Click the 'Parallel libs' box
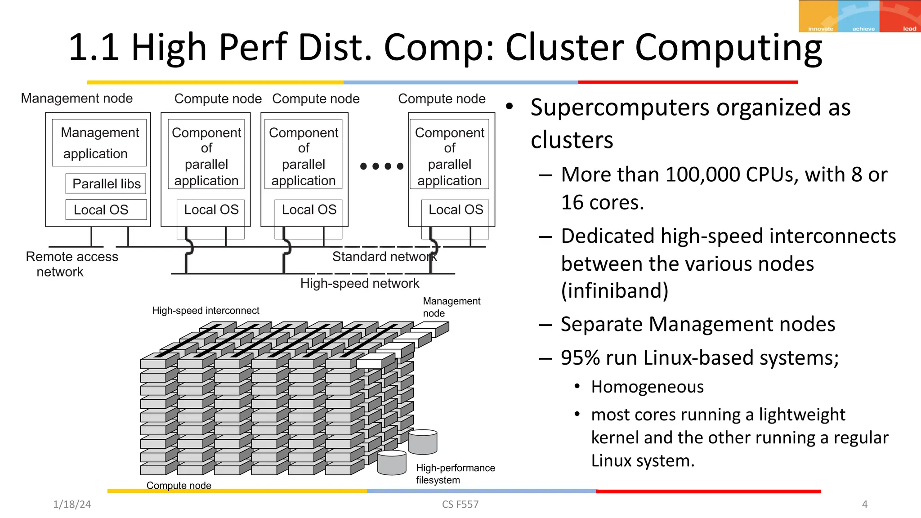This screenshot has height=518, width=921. (x=106, y=184)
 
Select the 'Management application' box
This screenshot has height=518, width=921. (x=99, y=143)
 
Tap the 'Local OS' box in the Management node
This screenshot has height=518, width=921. (x=106, y=210)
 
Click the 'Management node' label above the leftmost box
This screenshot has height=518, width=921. (x=77, y=98)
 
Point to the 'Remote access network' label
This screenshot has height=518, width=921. (x=72, y=264)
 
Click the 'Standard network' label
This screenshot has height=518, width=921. (x=384, y=257)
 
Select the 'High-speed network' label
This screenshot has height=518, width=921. (x=359, y=283)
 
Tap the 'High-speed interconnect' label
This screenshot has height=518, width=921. (x=206, y=311)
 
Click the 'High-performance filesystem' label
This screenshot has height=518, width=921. (x=455, y=474)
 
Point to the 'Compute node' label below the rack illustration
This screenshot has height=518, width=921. (x=179, y=486)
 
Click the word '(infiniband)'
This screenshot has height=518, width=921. (x=614, y=290)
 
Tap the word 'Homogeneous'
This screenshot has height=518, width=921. (x=647, y=387)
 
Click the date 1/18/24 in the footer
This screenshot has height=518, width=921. (x=72, y=505)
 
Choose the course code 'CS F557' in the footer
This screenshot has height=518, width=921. (x=460, y=505)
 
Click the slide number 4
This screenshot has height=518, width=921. (x=864, y=505)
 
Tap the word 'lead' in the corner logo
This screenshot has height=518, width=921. (x=909, y=29)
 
